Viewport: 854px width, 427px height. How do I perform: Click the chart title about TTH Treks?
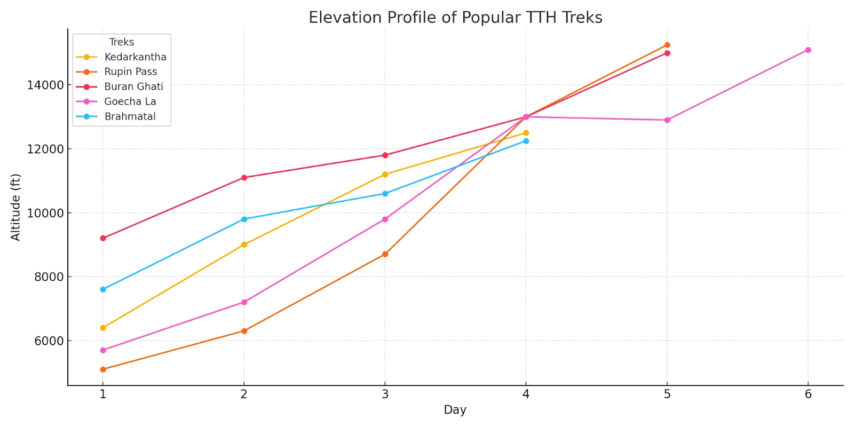click(455, 18)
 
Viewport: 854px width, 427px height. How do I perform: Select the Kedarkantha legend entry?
click(135, 57)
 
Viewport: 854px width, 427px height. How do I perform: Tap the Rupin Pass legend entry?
click(130, 72)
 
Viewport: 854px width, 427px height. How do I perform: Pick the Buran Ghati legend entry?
click(133, 86)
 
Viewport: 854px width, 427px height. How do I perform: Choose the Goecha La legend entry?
click(130, 101)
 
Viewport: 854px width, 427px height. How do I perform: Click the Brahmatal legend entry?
click(130, 116)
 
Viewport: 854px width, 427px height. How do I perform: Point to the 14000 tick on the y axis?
click(45, 85)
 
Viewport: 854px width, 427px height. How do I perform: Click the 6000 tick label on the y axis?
click(49, 341)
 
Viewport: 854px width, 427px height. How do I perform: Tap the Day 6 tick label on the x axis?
click(808, 394)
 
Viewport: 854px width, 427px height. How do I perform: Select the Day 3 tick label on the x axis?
click(385, 394)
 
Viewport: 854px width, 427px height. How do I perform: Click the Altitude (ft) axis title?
click(15, 207)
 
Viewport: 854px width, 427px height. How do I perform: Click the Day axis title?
click(455, 410)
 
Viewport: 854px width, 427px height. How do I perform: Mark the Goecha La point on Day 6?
click(808, 50)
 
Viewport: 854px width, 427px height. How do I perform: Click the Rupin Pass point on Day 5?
click(667, 45)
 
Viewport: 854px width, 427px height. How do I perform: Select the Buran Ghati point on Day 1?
click(103, 239)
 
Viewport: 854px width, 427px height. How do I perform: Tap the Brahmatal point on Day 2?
click(244, 219)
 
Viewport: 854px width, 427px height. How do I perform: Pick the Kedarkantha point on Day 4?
click(526, 133)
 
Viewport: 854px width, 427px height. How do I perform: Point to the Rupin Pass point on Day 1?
click(103, 369)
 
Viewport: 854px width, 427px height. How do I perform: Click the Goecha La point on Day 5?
click(667, 120)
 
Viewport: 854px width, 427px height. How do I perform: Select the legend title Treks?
click(121, 42)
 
